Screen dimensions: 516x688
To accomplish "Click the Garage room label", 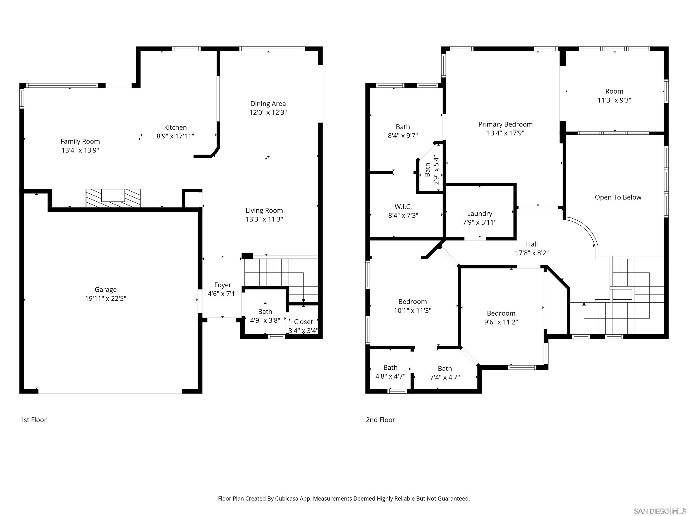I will point(105,290).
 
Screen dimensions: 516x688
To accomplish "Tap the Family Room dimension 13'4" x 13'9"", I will point(80,150).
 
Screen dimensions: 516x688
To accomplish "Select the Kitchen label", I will point(175,127).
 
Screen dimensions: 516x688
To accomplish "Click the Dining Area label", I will point(268,103).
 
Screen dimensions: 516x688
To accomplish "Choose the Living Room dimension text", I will point(264,219).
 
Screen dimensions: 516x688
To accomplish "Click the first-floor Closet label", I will point(303,322).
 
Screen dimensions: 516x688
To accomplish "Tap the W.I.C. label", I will point(403,206).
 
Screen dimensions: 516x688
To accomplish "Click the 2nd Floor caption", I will point(380,420).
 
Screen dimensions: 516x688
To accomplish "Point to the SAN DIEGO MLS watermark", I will point(659,511).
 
